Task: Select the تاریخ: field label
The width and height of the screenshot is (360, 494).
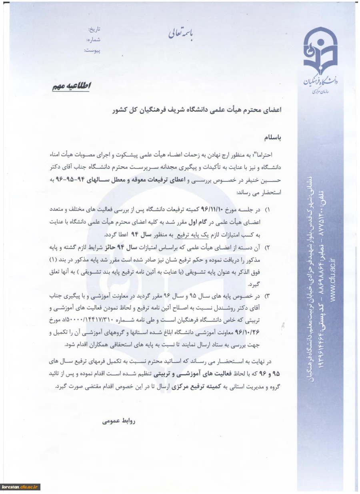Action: (x=94, y=30)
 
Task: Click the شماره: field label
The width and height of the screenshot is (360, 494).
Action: (x=93, y=40)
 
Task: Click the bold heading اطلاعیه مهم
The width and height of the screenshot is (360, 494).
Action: (x=72, y=86)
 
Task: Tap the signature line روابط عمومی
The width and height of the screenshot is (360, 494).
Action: (x=119, y=420)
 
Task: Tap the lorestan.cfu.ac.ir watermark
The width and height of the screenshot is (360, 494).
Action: (x=20, y=486)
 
